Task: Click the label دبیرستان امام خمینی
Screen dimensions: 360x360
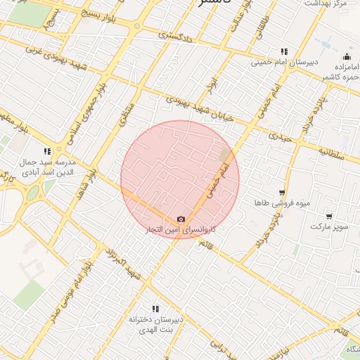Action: (285, 63)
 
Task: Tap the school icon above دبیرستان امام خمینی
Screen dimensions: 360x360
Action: (284, 51)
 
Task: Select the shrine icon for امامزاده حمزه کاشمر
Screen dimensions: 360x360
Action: (346, 57)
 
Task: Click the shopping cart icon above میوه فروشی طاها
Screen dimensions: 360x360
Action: (282, 192)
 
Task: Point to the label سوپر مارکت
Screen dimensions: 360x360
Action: (329, 227)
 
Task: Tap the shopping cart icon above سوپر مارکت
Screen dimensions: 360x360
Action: (329, 216)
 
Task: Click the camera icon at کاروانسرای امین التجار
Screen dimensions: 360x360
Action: (181, 219)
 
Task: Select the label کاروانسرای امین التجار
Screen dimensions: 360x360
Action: (181, 230)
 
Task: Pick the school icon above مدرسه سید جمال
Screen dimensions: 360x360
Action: (47, 151)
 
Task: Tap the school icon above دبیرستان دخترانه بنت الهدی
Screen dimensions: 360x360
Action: (155, 309)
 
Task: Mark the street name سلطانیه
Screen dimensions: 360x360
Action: (330, 153)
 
